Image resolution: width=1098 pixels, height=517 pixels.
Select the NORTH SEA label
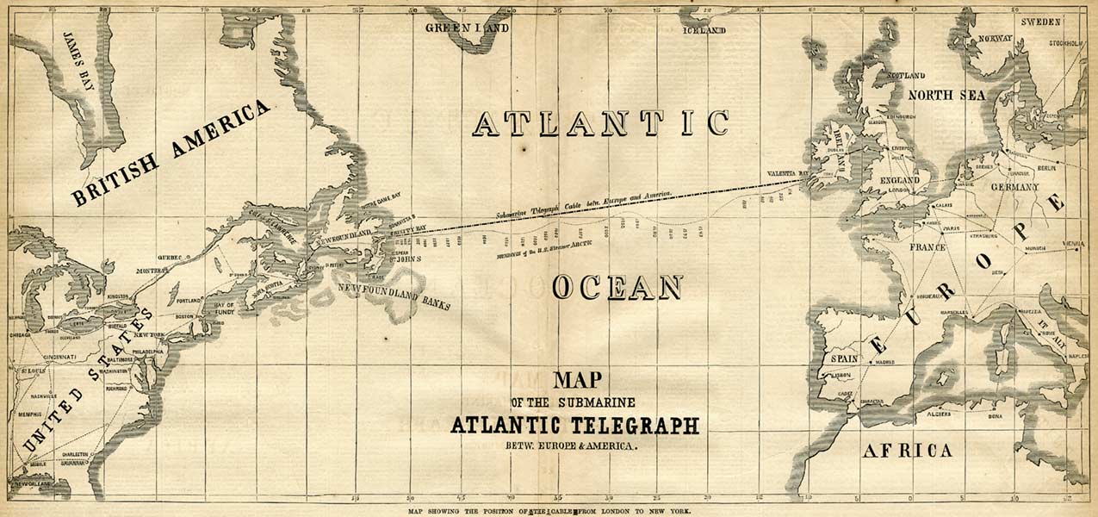947,95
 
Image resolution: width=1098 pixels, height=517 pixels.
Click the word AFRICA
908,451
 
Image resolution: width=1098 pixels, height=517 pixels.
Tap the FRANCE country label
927,247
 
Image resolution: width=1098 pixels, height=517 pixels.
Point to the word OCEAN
617,288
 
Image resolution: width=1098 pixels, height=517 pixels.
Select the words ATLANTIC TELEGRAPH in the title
574,426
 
